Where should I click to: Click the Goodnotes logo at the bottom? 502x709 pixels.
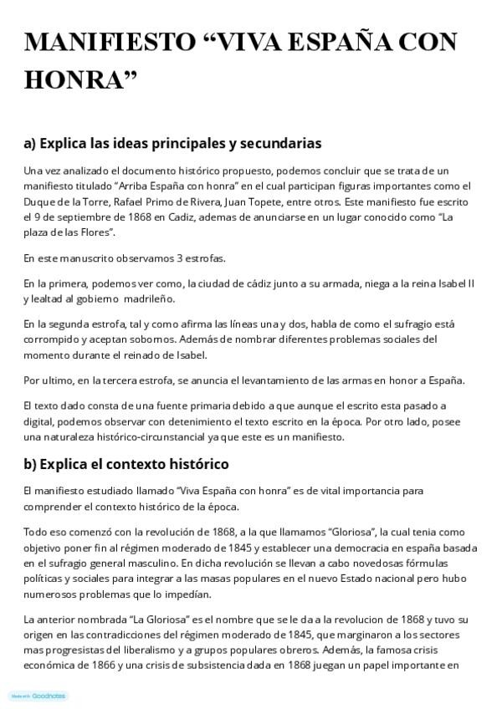(x=38, y=696)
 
